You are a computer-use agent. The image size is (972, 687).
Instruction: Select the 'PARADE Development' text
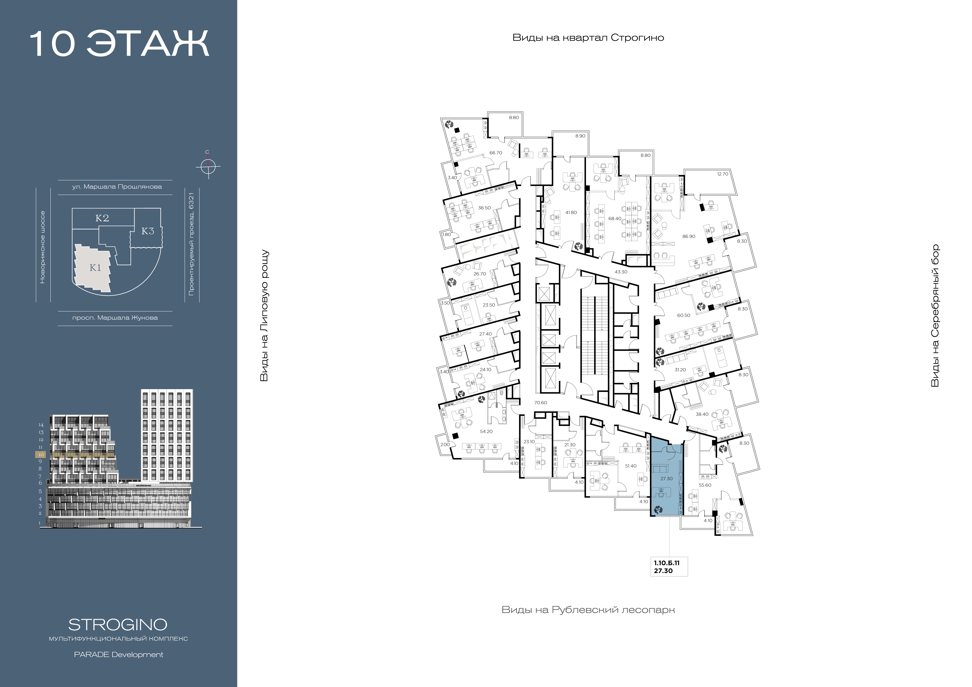pyautogui.click(x=119, y=654)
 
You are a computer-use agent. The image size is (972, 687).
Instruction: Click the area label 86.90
pyautogui.click(x=689, y=236)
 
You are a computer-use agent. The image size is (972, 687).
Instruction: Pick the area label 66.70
pyautogui.click(x=496, y=153)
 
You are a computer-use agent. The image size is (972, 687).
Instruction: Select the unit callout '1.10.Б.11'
pyautogui.click(x=667, y=563)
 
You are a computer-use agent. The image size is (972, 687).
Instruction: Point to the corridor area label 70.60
pyautogui.click(x=541, y=403)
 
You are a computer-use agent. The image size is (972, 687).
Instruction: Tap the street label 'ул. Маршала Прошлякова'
pyautogui.click(x=117, y=187)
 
